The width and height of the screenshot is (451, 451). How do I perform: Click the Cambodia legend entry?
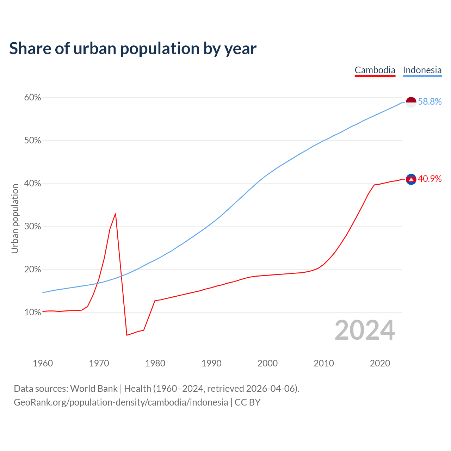(375, 70)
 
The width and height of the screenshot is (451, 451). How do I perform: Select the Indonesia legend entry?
(422, 70)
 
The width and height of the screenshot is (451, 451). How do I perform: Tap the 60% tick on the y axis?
(32, 98)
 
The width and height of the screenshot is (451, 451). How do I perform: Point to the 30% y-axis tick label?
(32, 227)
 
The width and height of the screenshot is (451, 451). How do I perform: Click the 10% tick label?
(32, 313)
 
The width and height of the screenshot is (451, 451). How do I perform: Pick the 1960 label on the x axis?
(43, 363)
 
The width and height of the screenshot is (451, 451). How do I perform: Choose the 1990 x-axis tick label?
(211, 363)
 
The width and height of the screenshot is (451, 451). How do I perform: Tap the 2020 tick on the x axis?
(380, 363)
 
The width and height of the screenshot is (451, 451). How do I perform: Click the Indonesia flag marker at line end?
(411, 102)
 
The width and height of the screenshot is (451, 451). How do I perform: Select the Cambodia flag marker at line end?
(411, 179)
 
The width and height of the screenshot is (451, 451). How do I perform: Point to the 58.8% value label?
(430, 102)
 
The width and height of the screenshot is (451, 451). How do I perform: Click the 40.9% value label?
(430, 179)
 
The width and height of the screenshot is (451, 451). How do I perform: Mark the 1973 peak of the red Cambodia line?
(116, 214)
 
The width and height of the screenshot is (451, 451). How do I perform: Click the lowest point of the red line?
(127, 335)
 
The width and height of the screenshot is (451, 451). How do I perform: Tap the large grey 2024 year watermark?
(365, 330)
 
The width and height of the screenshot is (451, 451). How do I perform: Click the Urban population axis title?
(15, 218)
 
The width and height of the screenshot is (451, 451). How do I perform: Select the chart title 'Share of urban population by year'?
(133, 49)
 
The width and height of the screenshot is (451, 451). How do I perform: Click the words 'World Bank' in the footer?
(94, 389)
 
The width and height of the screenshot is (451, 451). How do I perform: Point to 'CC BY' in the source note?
(247, 402)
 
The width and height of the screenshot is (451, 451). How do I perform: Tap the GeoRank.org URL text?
(121, 402)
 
